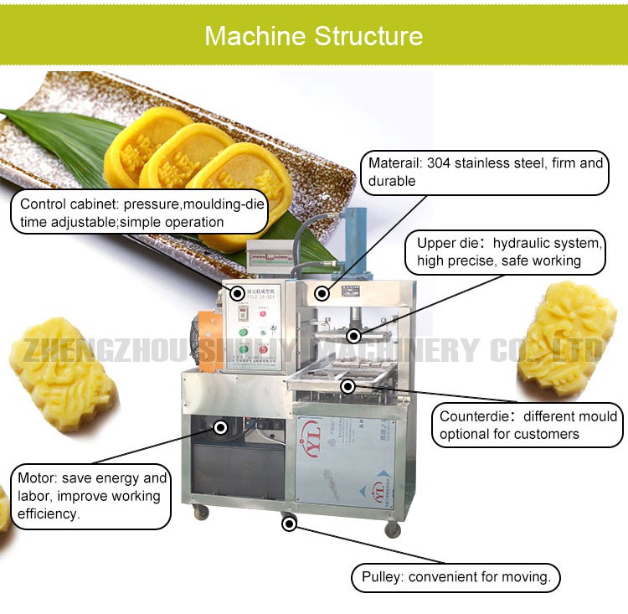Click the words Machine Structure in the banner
(313, 36)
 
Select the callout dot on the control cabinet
(237, 293)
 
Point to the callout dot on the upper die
(354, 336)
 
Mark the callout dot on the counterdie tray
(347, 386)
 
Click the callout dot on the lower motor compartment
(220, 427)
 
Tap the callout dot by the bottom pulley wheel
(289, 524)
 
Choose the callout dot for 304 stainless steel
(321, 293)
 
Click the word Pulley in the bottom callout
(381, 577)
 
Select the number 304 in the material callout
(440, 163)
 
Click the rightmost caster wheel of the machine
(392, 529)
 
